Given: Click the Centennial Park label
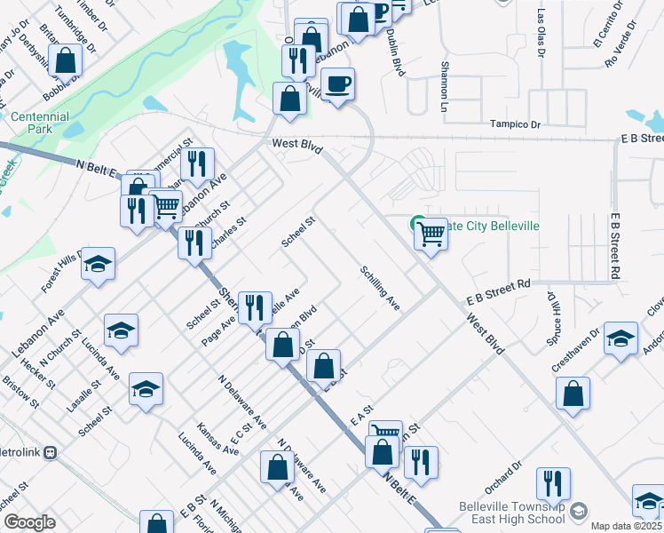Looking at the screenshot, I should [39, 123].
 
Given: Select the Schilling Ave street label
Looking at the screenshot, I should [380, 289].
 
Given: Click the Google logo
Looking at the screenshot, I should [28, 522].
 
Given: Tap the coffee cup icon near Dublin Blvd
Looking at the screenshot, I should [338, 84].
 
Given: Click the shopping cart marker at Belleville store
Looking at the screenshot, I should [431, 235].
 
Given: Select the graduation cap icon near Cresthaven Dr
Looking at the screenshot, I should [621, 338].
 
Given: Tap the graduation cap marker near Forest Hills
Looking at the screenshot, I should [98, 264].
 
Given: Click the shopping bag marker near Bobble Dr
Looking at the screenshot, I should [65, 60].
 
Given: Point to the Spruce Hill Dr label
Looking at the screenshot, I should [554, 316].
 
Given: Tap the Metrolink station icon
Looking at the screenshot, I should [50, 451].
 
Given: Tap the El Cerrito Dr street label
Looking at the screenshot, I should [602, 32].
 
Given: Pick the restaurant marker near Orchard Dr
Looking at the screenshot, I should [553, 483].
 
